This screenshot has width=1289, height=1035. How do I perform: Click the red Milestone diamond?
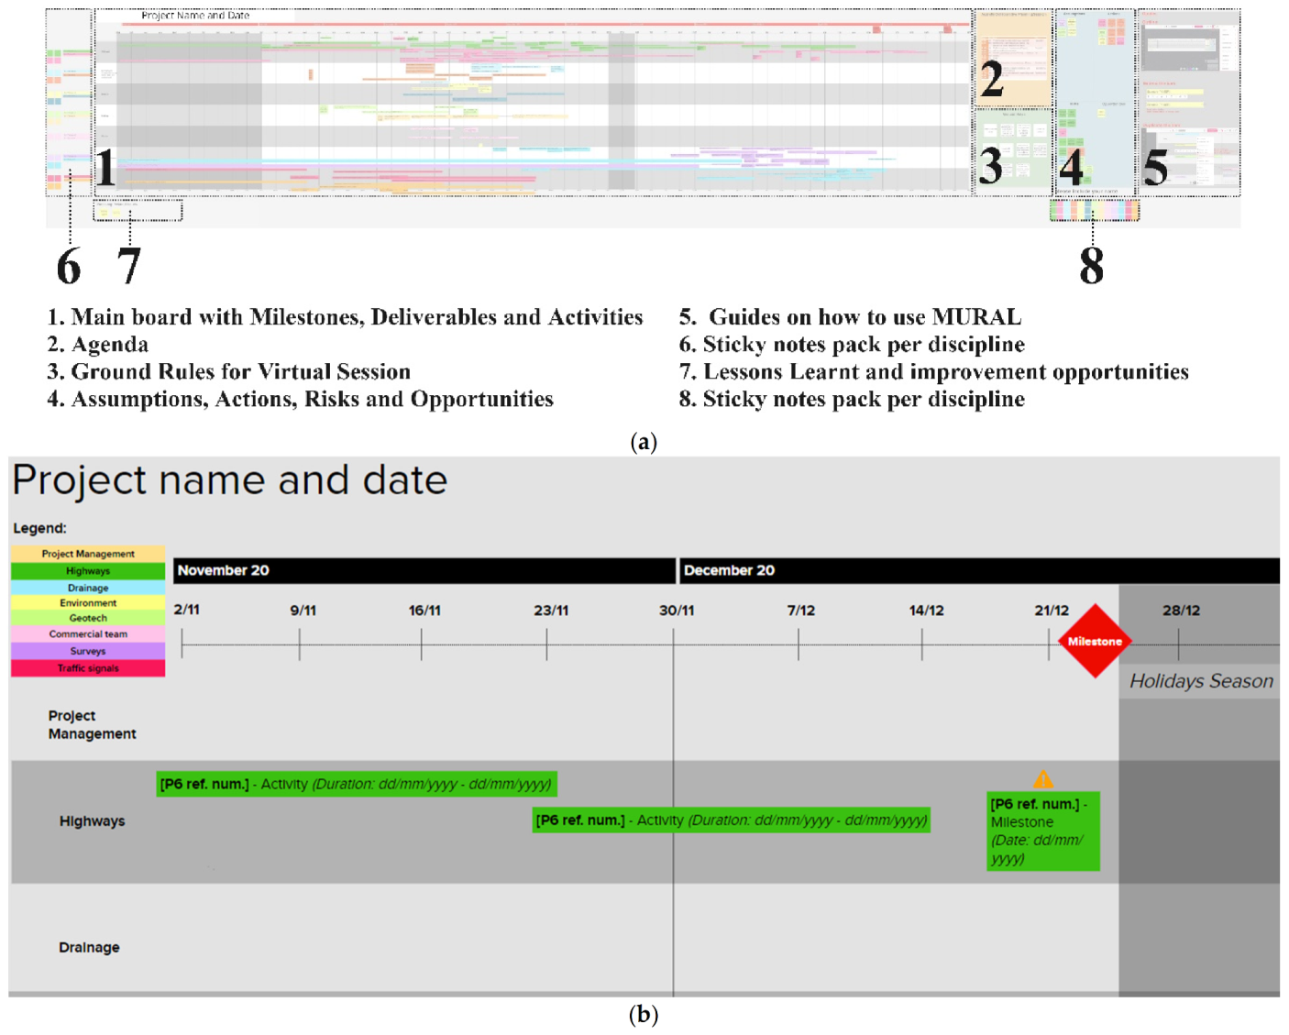tap(1094, 641)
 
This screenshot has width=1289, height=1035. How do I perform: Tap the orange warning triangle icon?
tap(1042, 779)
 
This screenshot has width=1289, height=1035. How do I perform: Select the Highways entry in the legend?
tap(88, 571)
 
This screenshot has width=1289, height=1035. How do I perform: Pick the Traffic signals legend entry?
tap(88, 668)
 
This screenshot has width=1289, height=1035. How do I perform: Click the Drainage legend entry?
tap(88, 588)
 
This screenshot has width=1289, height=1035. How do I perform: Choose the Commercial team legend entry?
tap(88, 634)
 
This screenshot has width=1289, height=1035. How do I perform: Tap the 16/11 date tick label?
tap(424, 611)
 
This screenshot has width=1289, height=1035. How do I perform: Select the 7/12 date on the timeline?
tap(800, 611)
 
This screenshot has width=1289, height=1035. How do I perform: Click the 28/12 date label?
tap(1181, 611)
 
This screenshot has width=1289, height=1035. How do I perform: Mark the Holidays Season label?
tap(1200, 681)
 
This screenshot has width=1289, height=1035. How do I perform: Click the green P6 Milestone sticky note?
tap(1042, 831)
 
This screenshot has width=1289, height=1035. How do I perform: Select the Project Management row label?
tap(92, 724)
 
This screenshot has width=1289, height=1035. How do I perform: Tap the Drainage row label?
tap(89, 947)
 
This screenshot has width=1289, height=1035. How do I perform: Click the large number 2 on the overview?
tap(992, 80)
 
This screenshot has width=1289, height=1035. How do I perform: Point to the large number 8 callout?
tap(1091, 266)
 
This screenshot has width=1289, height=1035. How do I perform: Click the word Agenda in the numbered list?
tap(110, 345)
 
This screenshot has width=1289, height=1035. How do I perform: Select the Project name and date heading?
tap(229, 480)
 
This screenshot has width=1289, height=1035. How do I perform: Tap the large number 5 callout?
tap(1155, 167)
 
